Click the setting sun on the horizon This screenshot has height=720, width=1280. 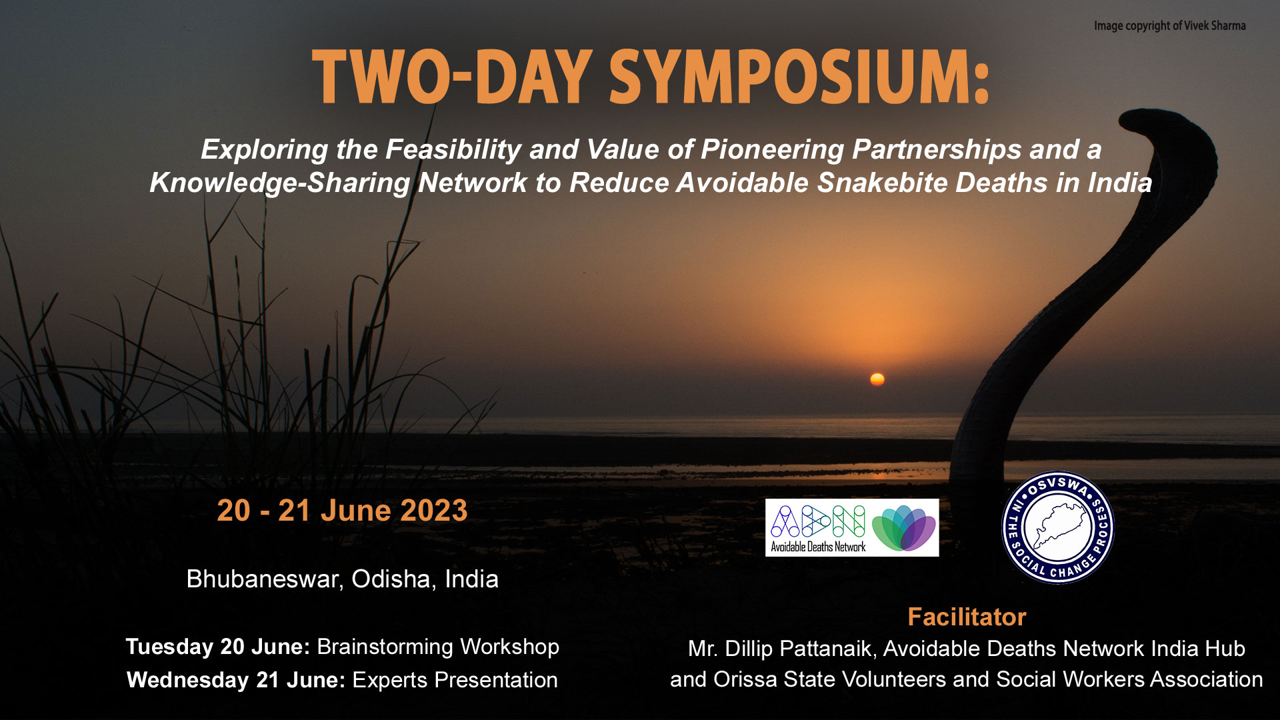(877, 379)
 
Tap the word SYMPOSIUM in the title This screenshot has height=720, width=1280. (799, 77)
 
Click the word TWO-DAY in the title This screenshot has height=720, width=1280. (452, 77)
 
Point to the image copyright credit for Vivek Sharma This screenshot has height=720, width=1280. (1169, 26)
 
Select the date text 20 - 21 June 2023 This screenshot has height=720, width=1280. (342, 511)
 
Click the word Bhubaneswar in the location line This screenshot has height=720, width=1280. (265, 579)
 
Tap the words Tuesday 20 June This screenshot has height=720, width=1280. (218, 647)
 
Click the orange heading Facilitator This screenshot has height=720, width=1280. (967, 617)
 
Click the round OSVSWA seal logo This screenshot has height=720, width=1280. (1058, 528)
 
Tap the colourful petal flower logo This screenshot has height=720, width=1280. (904, 528)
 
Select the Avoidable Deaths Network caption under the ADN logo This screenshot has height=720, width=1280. (818, 547)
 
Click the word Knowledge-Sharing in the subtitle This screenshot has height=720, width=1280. (280, 183)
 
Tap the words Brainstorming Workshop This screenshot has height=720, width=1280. (438, 647)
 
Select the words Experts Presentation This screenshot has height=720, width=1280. (455, 680)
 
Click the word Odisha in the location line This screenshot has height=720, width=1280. (394, 579)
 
